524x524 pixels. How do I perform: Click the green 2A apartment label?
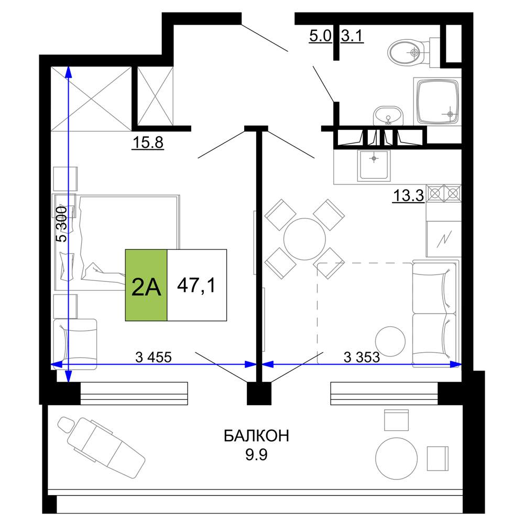(x=146, y=285)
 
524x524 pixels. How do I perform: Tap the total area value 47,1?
(x=196, y=286)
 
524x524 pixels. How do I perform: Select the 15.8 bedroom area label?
(x=148, y=143)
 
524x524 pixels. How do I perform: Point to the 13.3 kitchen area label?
(x=408, y=195)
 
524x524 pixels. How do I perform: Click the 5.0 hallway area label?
(x=320, y=36)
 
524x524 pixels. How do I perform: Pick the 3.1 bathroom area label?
(x=352, y=36)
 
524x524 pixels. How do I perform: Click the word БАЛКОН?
(x=256, y=436)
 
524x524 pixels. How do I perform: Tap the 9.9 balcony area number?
(x=256, y=455)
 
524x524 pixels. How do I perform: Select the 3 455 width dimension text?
(x=154, y=357)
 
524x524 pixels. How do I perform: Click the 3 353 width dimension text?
(x=362, y=357)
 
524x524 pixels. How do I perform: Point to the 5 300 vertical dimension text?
(x=61, y=224)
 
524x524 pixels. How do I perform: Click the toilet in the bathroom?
(x=414, y=52)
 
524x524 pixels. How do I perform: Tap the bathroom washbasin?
(x=388, y=116)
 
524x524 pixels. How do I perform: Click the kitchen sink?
(x=374, y=165)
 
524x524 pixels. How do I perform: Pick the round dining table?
(x=304, y=239)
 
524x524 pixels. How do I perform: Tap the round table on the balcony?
(x=396, y=458)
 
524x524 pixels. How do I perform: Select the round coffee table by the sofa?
(x=390, y=341)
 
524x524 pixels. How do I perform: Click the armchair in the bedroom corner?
(x=75, y=344)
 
